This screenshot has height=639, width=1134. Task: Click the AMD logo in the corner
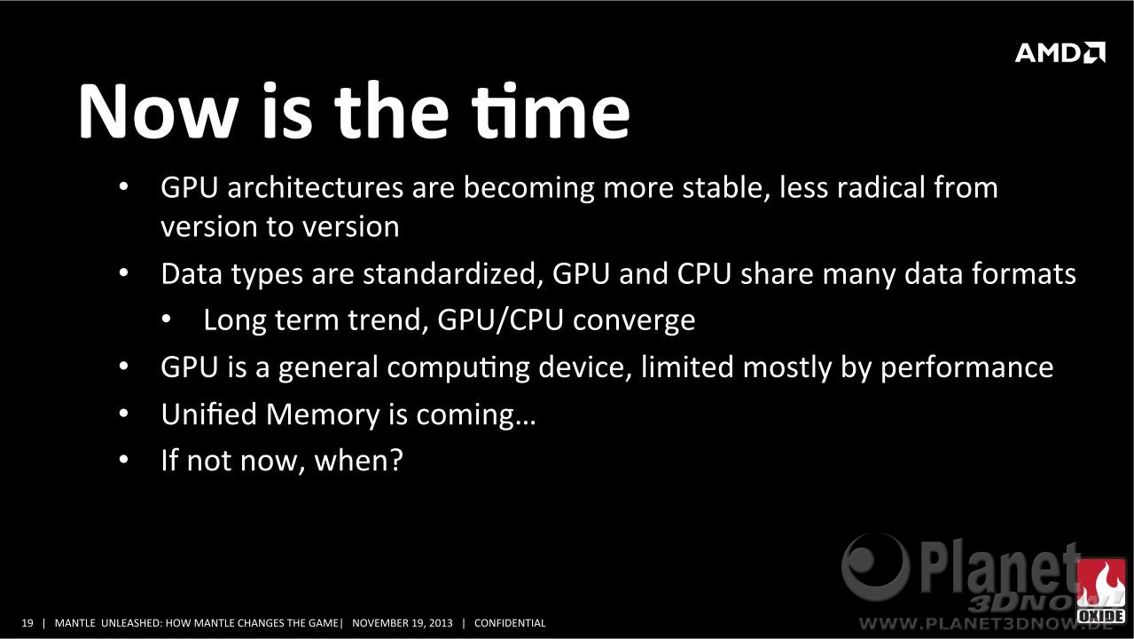[x=1060, y=52]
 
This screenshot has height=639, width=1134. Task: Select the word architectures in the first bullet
[x=315, y=187]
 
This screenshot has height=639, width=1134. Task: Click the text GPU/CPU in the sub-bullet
[x=500, y=320]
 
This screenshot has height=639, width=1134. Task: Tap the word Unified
[x=209, y=414]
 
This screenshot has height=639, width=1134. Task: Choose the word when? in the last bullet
[x=358, y=461]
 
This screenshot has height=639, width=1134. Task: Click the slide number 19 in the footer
[x=27, y=623]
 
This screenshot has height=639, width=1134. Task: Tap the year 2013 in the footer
[x=440, y=623]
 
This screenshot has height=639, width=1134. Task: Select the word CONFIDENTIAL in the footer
[x=510, y=623]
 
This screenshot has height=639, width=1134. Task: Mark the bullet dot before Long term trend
[x=167, y=319]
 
